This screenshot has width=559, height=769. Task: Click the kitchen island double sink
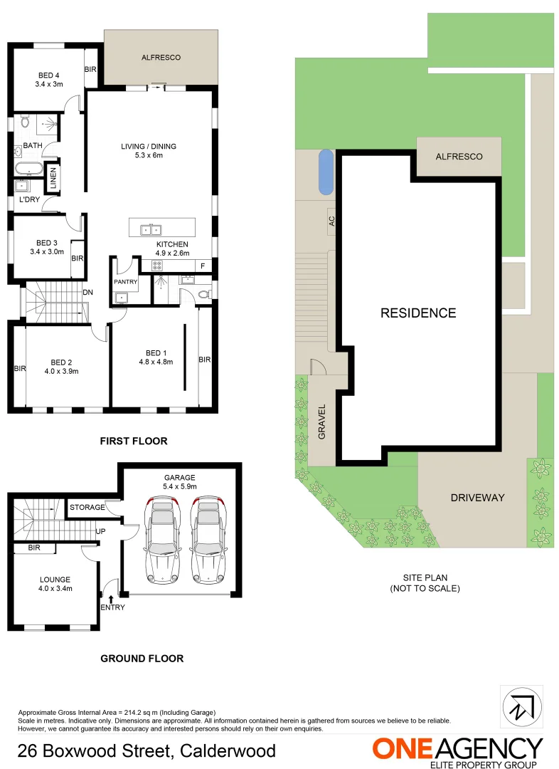(150, 229)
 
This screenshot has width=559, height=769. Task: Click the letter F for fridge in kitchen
(203, 266)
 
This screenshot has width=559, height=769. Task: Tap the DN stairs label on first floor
(88, 293)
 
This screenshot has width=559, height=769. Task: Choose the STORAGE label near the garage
(87, 508)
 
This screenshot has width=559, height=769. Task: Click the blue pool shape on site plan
(325, 172)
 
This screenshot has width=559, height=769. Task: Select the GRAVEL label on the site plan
(321, 422)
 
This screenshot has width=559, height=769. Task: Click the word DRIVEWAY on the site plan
(477, 497)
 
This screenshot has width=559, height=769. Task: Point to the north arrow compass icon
(522, 706)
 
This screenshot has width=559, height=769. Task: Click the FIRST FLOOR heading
(134, 441)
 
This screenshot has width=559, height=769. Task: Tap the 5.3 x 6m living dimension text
(148, 155)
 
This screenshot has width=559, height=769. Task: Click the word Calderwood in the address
(228, 750)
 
